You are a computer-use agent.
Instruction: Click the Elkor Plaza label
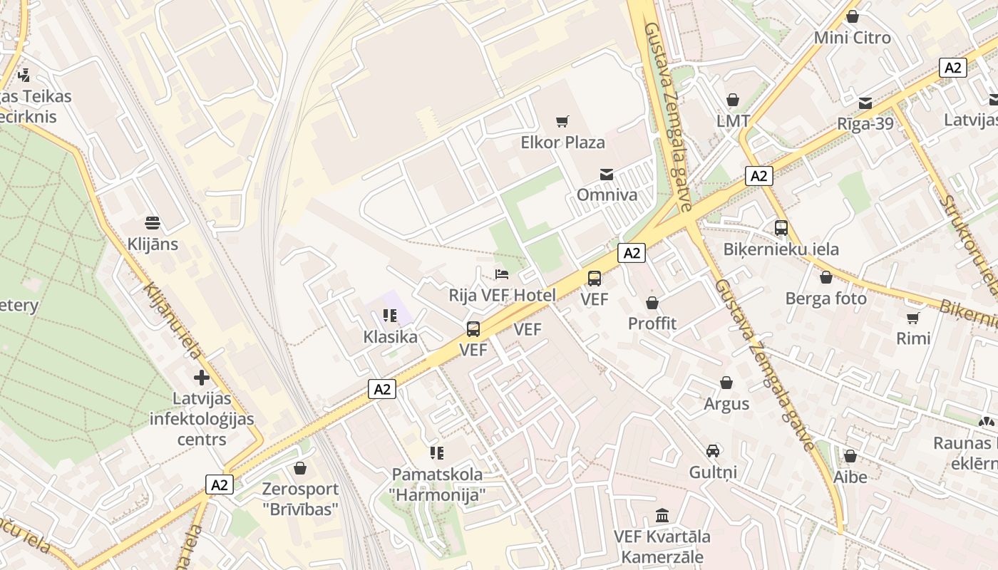(562, 142)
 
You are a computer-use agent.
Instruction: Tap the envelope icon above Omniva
(606, 174)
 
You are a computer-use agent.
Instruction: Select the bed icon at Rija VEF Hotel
(502, 274)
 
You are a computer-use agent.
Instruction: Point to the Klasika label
(390, 337)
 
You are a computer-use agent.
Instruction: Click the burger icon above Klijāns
(152, 223)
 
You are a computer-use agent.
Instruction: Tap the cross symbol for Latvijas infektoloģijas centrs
(202, 378)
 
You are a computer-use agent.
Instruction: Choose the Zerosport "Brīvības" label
(300, 499)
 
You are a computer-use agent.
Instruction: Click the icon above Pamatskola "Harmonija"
(437, 453)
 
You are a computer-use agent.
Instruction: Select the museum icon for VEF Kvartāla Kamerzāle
(662, 515)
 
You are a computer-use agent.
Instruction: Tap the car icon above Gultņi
(713, 451)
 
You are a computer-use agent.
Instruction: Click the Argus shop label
(726, 404)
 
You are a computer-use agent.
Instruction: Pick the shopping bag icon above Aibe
(850, 456)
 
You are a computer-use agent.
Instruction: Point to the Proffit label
(652, 323)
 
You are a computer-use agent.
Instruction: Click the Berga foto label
(825, 299)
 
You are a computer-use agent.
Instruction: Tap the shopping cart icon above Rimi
(913, 318)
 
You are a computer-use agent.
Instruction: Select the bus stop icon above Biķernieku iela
(781, 228)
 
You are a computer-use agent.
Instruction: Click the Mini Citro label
(852, 38)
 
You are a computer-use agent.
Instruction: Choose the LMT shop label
(733, 121)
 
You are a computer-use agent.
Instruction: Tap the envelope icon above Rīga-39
(865, 103)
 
